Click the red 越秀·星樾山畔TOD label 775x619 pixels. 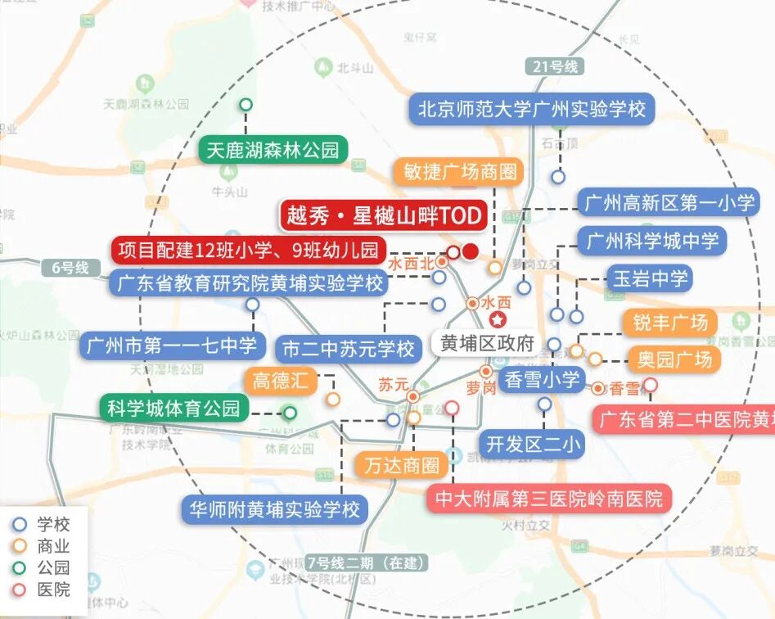point(384,216)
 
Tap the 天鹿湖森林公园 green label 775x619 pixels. point(273,150)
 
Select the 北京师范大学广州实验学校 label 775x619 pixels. point(532,108)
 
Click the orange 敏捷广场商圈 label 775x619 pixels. point(458,172)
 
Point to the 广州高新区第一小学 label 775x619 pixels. point(666,202)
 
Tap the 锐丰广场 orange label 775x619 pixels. point(669,322)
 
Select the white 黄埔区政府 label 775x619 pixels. point(486,343)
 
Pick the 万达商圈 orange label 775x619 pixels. point(402,466)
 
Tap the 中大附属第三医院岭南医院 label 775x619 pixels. point(548,498)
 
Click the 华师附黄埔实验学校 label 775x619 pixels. point(274,509)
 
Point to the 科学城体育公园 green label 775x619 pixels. point(173,408)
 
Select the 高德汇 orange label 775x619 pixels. point(279,380)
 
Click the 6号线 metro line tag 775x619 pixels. point(70,268)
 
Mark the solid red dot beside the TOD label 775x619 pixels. point(470,251)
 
